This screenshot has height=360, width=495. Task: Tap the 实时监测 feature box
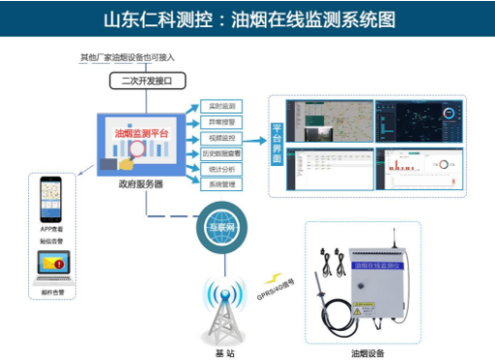pos(222,105)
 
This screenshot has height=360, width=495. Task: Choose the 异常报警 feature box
pos(222,121)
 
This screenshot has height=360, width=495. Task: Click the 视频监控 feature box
pos(222,138)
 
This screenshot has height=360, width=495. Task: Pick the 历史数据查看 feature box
pos(222,153)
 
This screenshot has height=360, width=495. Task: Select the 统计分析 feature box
pos(222,169)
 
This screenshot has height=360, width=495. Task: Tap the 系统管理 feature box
pos(222,184)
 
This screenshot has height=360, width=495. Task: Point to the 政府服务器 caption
pos(143,183)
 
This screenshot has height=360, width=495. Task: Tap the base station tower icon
pos(222,309)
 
